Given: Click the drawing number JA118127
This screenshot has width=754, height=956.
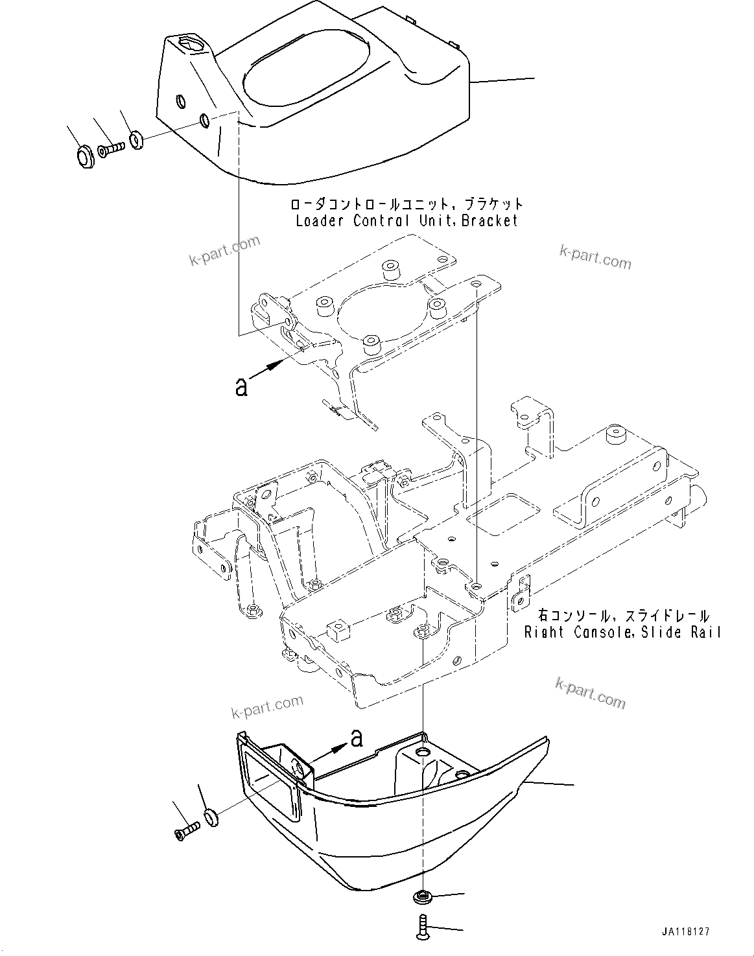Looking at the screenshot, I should [x=685, y=931].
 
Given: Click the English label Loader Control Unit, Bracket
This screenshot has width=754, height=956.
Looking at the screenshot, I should [x=406, y=220].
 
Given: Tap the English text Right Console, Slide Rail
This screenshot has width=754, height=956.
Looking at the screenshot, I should [x=622, y=632].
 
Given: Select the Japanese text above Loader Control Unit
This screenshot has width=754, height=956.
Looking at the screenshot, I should [x=406, y=204].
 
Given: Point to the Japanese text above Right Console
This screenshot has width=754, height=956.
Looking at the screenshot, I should [x=623, y=616].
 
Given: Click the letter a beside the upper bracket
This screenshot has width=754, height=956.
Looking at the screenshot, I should [x=241, y=388].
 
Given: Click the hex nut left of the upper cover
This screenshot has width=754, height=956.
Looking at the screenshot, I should [x=83, y=155].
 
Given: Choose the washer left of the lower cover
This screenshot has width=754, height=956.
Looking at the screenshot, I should [x=211, y=817].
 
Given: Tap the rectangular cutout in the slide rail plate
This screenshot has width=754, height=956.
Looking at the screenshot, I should [x=500, y=513].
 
